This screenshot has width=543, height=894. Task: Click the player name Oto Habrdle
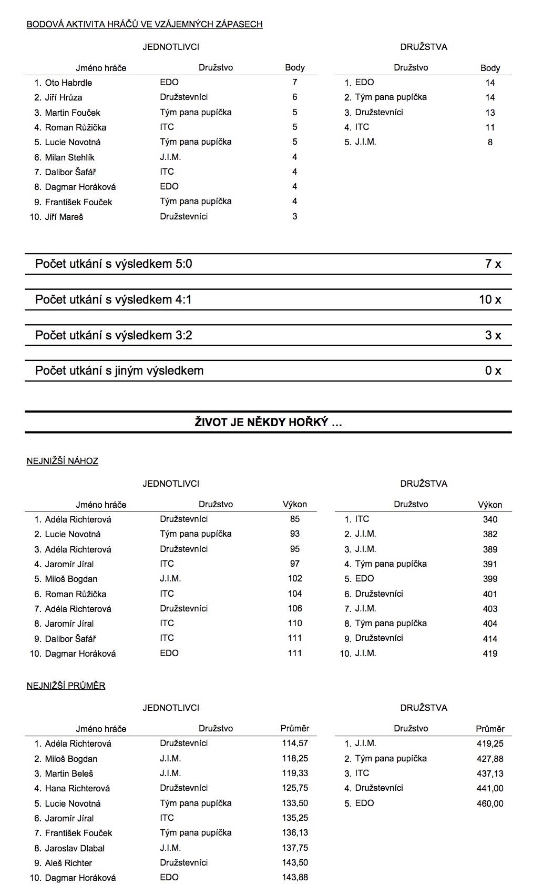68,83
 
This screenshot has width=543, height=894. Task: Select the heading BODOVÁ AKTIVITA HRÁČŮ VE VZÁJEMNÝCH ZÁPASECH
145,24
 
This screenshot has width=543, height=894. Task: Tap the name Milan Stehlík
69,157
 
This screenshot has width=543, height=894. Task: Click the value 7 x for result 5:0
493,264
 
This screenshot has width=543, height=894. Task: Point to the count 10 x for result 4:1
490,300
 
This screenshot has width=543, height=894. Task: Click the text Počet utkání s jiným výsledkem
119,371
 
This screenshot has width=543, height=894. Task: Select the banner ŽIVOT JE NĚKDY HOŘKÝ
268,422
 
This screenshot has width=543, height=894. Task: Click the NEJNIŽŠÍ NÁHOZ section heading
63,461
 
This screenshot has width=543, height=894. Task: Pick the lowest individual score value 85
294,519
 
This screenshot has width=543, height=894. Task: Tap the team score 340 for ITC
490,520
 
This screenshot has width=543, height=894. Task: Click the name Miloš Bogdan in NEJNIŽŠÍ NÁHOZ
71,579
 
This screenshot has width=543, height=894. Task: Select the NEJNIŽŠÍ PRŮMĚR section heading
66,686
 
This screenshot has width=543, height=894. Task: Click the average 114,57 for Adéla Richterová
294,744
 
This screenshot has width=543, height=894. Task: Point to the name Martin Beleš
69,774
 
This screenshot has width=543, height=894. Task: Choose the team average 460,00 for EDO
490,803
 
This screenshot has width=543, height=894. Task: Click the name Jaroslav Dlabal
75,848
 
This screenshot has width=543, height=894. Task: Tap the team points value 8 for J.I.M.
490,142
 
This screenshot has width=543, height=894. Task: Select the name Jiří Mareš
64,217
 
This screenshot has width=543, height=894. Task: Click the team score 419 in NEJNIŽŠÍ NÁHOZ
490,654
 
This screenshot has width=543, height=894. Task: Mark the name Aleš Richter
68,863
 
